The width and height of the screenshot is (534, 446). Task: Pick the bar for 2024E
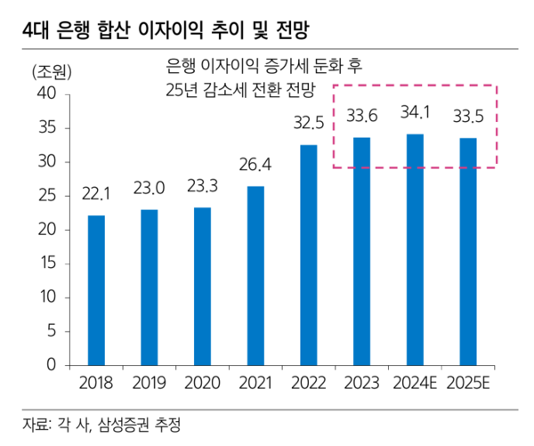pos(415,249)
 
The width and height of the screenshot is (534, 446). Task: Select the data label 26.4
pos(255,164)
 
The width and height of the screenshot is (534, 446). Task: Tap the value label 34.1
pos(415,113)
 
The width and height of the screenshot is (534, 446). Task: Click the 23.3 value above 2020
pos(203,186)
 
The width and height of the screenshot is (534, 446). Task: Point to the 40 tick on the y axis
pos(46,93)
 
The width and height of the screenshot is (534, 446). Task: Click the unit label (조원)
pos(51,71)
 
